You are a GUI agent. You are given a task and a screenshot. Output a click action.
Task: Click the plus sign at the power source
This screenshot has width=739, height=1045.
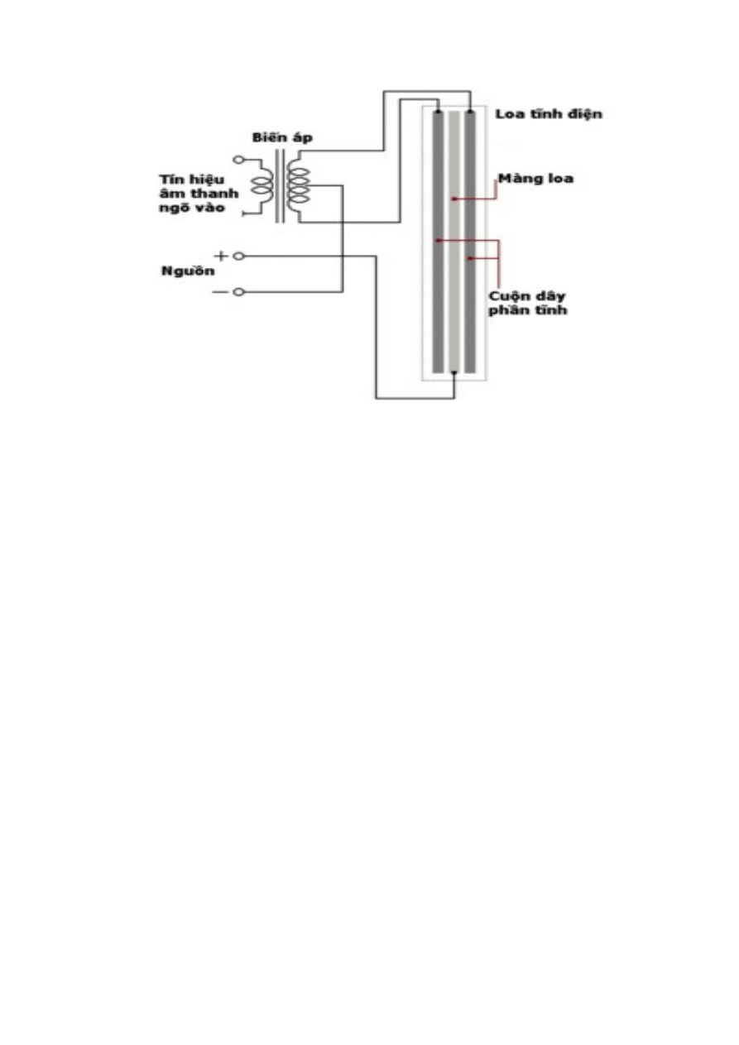pos(222,256)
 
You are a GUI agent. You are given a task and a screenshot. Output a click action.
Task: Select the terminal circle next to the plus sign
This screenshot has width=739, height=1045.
pos(238,256)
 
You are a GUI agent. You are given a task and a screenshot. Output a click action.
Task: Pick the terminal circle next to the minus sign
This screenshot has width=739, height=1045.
pos(238,292)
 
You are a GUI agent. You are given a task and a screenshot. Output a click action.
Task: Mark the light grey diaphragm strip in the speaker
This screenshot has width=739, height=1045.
pos(453,314)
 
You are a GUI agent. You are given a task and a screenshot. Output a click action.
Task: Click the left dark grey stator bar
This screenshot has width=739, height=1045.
pos(436,314)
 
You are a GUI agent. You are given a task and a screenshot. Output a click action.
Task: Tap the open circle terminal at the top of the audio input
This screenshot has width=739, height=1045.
pos(239,159)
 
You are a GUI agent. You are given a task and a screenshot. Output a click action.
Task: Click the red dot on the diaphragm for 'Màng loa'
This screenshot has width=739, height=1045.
pos(453,199)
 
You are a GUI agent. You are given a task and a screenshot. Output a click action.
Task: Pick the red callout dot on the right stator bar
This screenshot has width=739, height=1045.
pos(471,259)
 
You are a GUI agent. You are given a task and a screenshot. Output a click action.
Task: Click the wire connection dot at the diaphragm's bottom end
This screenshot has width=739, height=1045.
pos(454,373)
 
